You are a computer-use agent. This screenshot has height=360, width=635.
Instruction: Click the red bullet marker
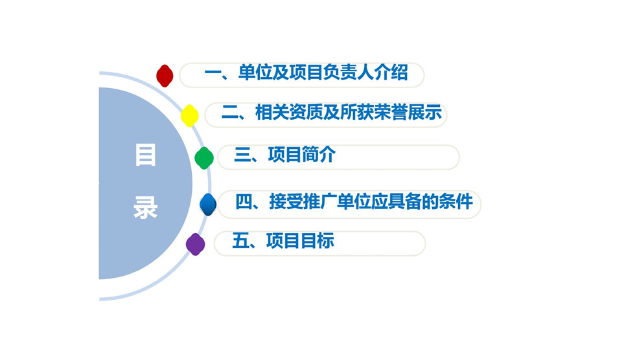tap(165, 76)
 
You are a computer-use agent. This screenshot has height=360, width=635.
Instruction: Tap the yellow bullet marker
tap(189, 116)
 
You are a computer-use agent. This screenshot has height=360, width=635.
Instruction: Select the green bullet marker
tap(204, 158)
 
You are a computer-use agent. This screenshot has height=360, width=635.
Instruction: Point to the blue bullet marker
tap(208, 204)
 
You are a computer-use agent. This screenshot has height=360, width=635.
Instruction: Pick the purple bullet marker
tap(195, 244)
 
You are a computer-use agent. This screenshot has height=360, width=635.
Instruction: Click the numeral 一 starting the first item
tap(213, 73)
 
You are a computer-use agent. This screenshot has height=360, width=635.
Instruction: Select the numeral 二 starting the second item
tap(230, 113)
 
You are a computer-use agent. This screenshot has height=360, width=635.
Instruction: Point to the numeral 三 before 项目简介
tap(243, 155)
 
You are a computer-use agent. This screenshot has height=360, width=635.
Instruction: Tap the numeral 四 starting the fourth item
tap(244, 201)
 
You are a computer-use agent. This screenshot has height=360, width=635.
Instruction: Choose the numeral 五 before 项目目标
tap(241, 241)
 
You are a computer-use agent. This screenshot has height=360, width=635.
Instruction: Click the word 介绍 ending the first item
tap(391, 73)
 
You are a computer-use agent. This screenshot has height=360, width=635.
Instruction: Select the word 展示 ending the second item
tap(425, 113)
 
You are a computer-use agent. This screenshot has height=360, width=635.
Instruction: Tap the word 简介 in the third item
tap(319, 155)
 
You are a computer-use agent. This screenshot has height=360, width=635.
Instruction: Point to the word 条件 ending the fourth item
tap(456, 201)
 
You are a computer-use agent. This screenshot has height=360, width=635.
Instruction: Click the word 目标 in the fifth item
tap(317, 241)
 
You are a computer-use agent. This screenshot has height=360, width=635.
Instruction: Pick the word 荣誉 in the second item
tap(391, 113)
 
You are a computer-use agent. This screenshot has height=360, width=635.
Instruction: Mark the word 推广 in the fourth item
tap(320, 201)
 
